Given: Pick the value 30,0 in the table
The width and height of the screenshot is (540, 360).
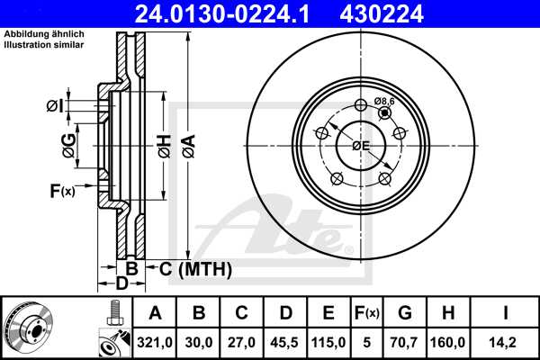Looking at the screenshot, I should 199,341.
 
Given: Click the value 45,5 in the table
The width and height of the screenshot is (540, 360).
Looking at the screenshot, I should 285,341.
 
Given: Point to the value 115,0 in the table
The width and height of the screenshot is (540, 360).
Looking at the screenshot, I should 328,341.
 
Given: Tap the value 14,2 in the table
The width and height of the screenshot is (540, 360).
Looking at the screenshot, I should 508,341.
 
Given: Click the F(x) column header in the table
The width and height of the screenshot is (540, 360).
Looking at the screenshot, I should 368,313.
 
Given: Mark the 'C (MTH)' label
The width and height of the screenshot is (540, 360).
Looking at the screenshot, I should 195,268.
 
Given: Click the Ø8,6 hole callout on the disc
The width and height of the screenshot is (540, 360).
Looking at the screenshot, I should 385,102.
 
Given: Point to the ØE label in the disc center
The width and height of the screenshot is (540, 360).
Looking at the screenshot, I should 361,145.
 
